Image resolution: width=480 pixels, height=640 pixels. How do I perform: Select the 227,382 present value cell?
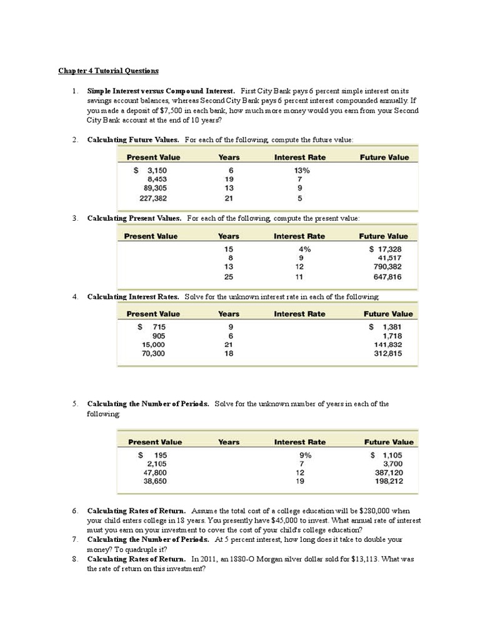click(x=152, y=199)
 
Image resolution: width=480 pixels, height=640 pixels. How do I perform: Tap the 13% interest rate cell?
click(x=301, y=170)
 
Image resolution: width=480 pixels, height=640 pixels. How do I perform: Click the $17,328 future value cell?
click(x=384, y=249)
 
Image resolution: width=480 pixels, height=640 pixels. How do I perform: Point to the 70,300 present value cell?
click(x=154, y=354)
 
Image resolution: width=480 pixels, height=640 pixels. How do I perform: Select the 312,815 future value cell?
click(x=388, y=354)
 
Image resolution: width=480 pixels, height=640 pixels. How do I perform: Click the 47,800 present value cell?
click(x=156, y=473)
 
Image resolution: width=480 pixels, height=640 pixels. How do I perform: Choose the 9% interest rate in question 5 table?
click(x=302, y=456)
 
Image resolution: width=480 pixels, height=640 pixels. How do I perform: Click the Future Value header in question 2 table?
click(x=384, y=157)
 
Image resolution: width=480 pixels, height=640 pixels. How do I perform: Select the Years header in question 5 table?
click(x=229, y=442)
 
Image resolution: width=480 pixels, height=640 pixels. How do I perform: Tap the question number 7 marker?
click(x=74, y=539)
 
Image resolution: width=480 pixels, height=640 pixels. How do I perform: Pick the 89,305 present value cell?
click(x=154, y=187)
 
